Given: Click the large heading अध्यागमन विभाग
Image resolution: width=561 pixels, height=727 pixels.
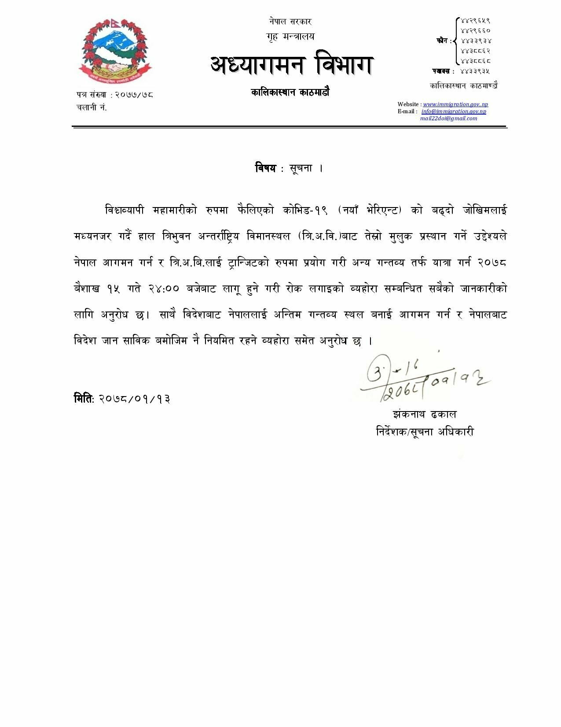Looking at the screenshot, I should [x=292, y=64].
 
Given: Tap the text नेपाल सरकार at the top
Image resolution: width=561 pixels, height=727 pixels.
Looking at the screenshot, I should [x=290, y=22].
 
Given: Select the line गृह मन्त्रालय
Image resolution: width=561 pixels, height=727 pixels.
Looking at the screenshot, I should [x=290, y=36].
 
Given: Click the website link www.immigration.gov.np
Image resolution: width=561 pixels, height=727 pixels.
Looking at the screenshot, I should [x=455, y=104].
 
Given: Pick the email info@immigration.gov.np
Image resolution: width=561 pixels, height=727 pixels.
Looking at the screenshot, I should [x=454, y=111].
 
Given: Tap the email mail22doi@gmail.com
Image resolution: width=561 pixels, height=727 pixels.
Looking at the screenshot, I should [x=448, y=119].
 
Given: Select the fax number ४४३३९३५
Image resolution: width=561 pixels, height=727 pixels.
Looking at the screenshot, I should [x=475, y=71].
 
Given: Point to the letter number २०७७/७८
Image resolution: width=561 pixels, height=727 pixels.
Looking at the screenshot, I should [x=134, y=94].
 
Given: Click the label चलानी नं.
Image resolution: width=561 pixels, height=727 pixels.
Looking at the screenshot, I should [x=92, y=108].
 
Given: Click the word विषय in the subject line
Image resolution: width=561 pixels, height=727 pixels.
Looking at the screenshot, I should [x=265, y=168].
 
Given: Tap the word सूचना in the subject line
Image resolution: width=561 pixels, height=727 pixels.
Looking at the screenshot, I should [x=301, y=168].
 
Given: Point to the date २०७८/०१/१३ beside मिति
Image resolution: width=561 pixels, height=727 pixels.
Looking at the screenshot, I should [x=134, y=399].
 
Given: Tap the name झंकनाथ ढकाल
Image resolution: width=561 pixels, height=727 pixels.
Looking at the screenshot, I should [x=424, y=415].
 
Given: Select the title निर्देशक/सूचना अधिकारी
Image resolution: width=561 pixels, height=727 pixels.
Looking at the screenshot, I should [x=425, y=432].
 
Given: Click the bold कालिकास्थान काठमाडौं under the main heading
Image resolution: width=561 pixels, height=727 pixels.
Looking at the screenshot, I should [x=290, y=93].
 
